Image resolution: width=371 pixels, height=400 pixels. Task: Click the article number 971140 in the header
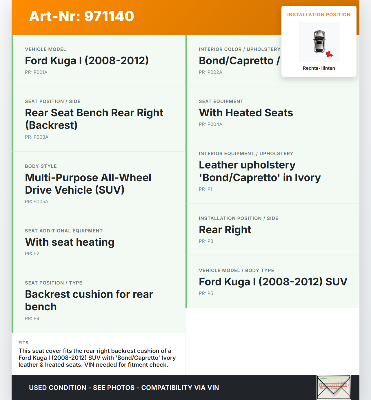point(109,16)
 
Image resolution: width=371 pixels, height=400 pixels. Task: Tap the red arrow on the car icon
point(329,54)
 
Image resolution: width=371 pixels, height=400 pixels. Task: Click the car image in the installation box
point(319,42)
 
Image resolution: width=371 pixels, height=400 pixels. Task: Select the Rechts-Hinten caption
point(319,68)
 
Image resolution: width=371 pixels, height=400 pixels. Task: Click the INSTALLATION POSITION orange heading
point(319,14)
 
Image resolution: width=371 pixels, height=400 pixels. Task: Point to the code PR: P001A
point(36,72)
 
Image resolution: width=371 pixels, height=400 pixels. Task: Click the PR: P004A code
point(210,124)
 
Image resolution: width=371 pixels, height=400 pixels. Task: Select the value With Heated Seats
point(246,113)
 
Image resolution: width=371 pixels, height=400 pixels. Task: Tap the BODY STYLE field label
point(41,166)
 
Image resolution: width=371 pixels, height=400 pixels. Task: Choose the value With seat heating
point(70,242)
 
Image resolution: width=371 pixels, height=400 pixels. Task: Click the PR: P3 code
point(206,241)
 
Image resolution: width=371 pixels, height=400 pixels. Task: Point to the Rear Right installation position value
point(225,230)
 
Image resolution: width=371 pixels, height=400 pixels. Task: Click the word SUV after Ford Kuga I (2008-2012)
point(336,282)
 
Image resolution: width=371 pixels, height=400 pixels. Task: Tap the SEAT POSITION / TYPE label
point(54,283)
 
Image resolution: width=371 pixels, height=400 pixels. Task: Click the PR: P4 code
point(32,318)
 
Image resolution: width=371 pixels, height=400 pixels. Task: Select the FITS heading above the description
point(23,343)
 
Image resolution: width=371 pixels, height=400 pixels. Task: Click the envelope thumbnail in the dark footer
point(333,388)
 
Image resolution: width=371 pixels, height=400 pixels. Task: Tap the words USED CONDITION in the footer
point(58,388)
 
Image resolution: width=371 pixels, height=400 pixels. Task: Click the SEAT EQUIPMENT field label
point(221,101)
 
